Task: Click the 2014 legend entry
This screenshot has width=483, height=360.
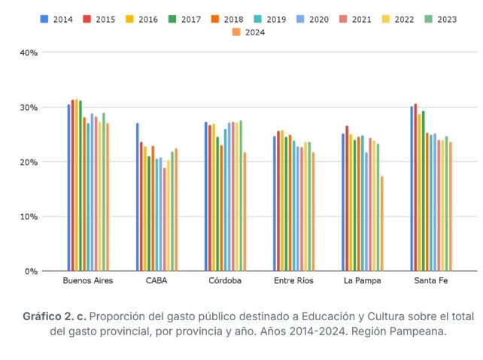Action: tap(56, 19)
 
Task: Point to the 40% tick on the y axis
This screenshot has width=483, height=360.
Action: tap(29, 53)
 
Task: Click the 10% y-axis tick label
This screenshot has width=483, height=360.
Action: tap(29, 216)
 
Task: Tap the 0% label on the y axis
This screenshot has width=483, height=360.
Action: tap(31, 271)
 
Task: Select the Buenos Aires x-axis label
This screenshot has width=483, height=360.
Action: tap(88, 281)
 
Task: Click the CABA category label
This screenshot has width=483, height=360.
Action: tap(157, 281)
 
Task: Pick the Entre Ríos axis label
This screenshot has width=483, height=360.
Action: tap(294, 281)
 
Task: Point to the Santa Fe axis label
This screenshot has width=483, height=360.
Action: tap(431, 281)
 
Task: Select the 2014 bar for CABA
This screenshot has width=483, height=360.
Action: tap(137, 197)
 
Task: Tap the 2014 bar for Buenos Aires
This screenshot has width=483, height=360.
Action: tap(68, 188)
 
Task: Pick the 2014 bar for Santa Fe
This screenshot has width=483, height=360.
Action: tap(412, 189)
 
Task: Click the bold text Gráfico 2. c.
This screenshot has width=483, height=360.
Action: tap(59, 316)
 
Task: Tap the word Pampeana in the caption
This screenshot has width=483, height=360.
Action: tap(414, 331)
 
